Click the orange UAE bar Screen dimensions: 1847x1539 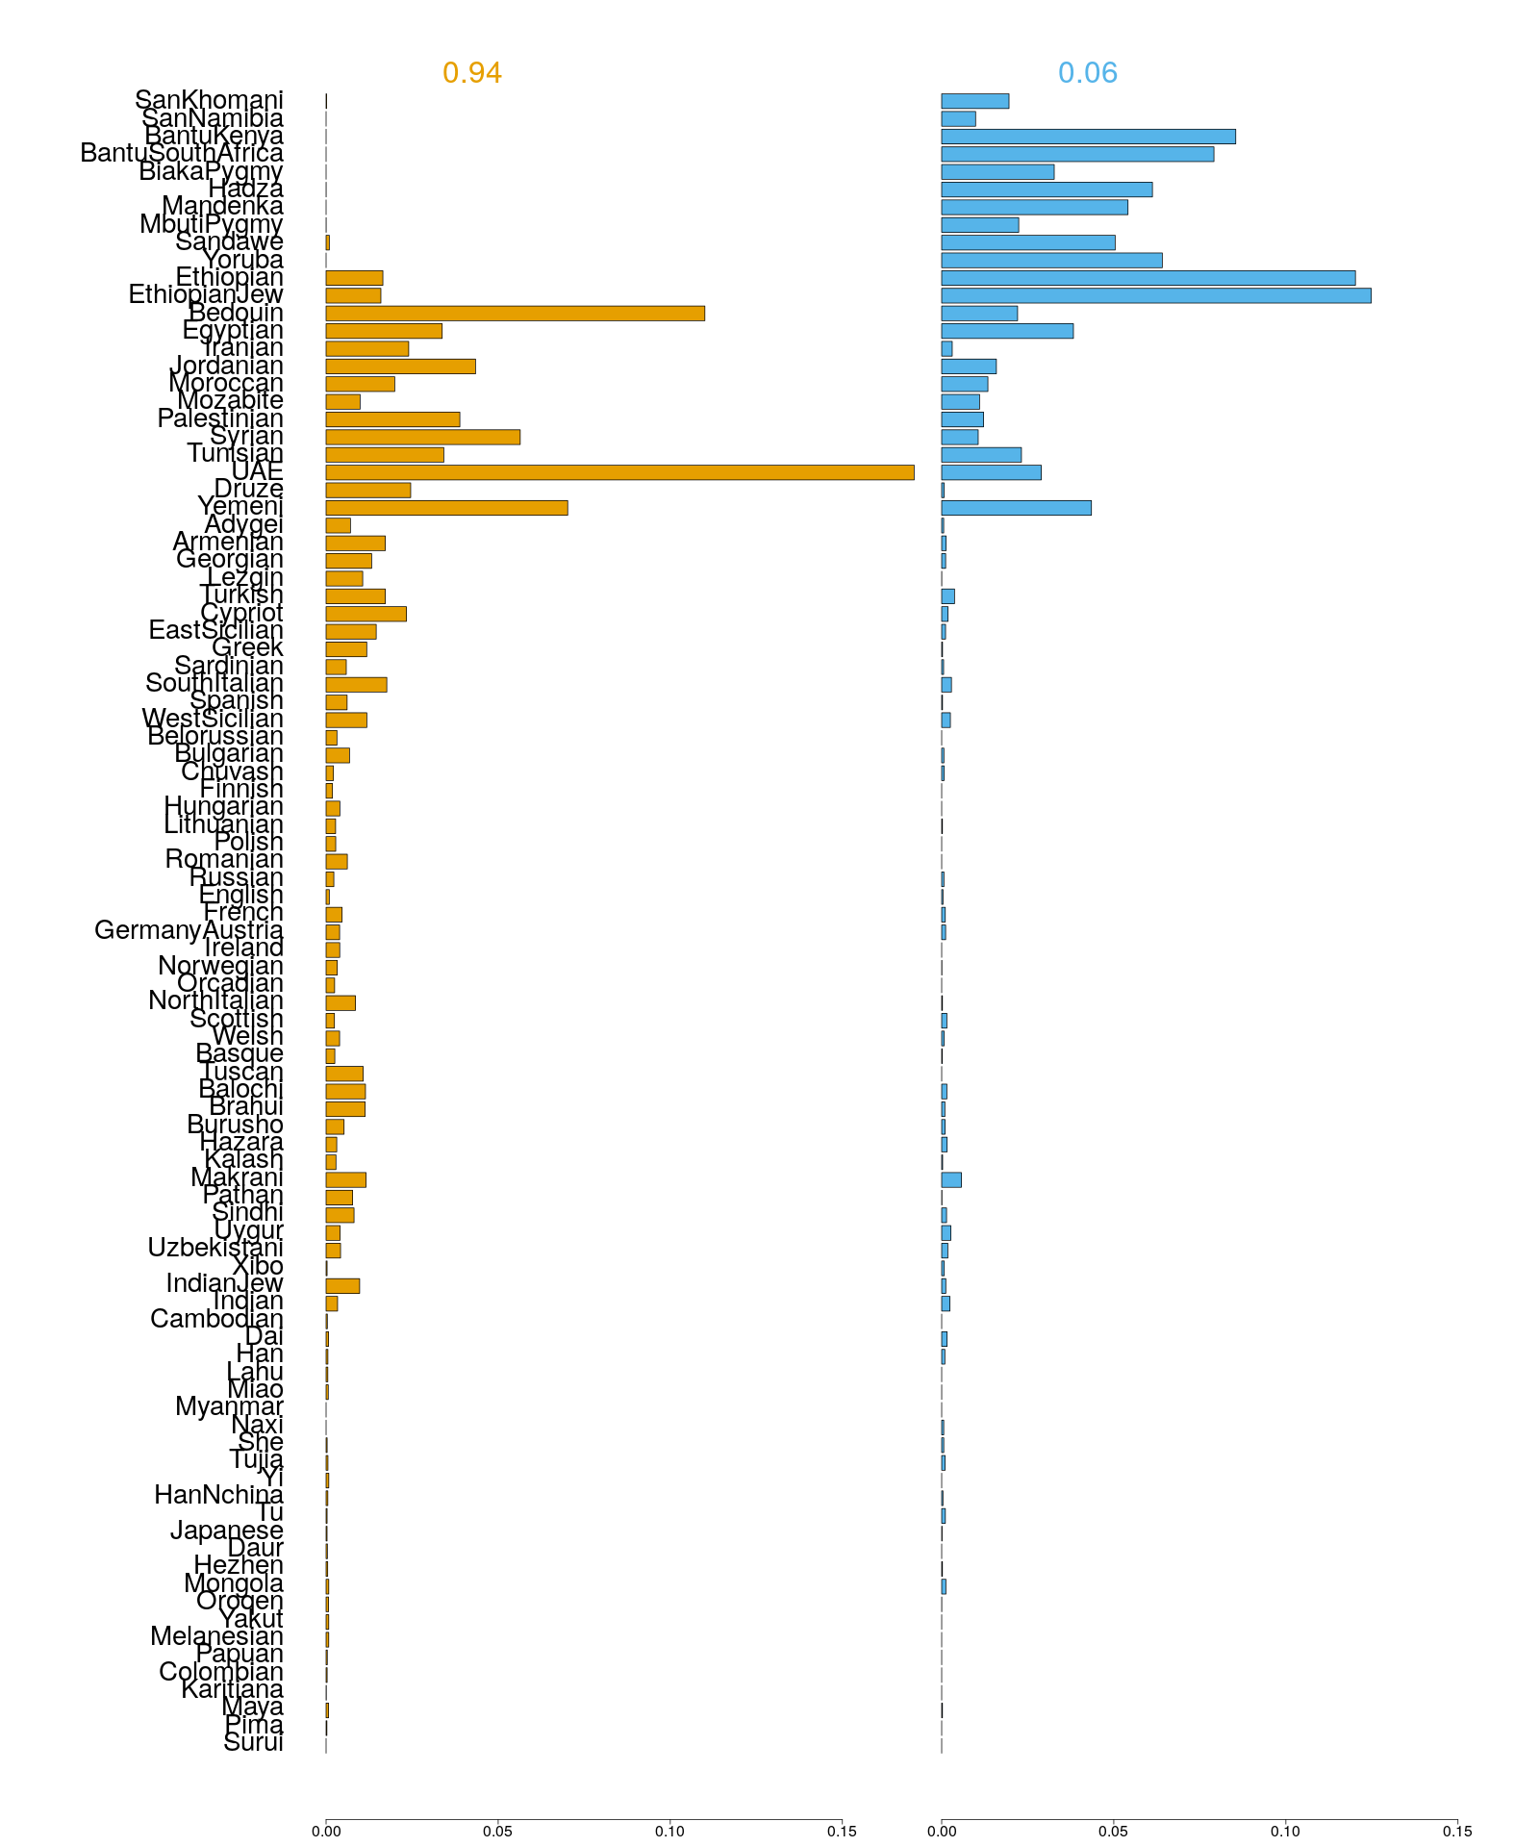pyautogui.click(x=619, y=472)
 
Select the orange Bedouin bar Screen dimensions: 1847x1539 pyautogui.click(x=515, y=313)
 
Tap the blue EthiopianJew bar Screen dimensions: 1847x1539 pyautogui.click(x=1155, y=295)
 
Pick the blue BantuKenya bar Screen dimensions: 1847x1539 pyautogui.click(x=1088, y=137)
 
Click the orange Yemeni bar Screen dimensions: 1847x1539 pyautogui.click(x=446, y=508)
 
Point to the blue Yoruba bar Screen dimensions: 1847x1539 pyautogui.click(x=1051, y=260)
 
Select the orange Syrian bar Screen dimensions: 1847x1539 pyautogui.click(x=422, y=437)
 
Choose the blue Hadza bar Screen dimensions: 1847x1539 pyautogui.click(x=1047, y=190)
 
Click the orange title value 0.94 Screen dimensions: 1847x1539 pyautogui.click(x=472, y=73)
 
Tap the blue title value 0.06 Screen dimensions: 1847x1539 pyautogui.click(x=1088, y=73)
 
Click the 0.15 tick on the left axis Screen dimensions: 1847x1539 pyautogui.click(x=842, y=1832)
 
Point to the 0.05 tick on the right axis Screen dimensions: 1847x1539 pyautogui.click(x=1114, y=1832)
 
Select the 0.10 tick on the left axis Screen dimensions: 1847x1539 pyautogui.click(x=669, y=1832)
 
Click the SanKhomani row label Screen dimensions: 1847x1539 pyautogui.click(x=209, y=100)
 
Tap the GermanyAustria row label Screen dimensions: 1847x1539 pyautogui.click(x=189, y=930)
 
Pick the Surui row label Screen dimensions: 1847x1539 pyautogui.click(x=253, y=1743)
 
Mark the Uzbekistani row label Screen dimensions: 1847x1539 pyautogui.click(x=215, y=1249)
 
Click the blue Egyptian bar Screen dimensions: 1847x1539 pyautogui.click(x=1007, y=331)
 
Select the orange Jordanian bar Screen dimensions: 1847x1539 pyautogui.click(x=400, y=367)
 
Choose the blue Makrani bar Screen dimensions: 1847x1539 pyautogui.click(x=951, y=1180)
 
